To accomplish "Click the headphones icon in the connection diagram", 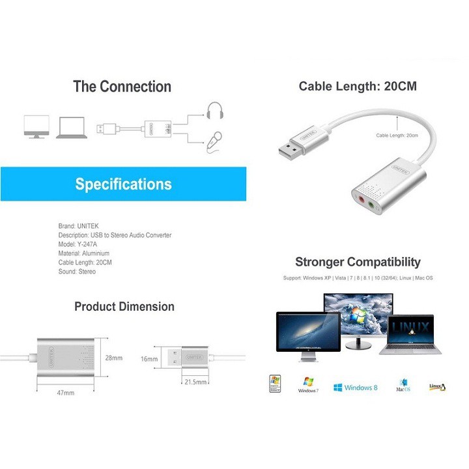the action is (214, 111).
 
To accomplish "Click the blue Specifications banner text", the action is (123, 184).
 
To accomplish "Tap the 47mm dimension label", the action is (65, 393).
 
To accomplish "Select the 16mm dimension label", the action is (149, 358).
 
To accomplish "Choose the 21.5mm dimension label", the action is (195, 382).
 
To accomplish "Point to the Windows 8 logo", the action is (355, 388).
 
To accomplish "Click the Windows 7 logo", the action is (307, 385).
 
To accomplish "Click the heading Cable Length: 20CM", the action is (357, 87).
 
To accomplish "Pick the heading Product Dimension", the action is (124, 306).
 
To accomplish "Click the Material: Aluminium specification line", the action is (84, 253).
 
